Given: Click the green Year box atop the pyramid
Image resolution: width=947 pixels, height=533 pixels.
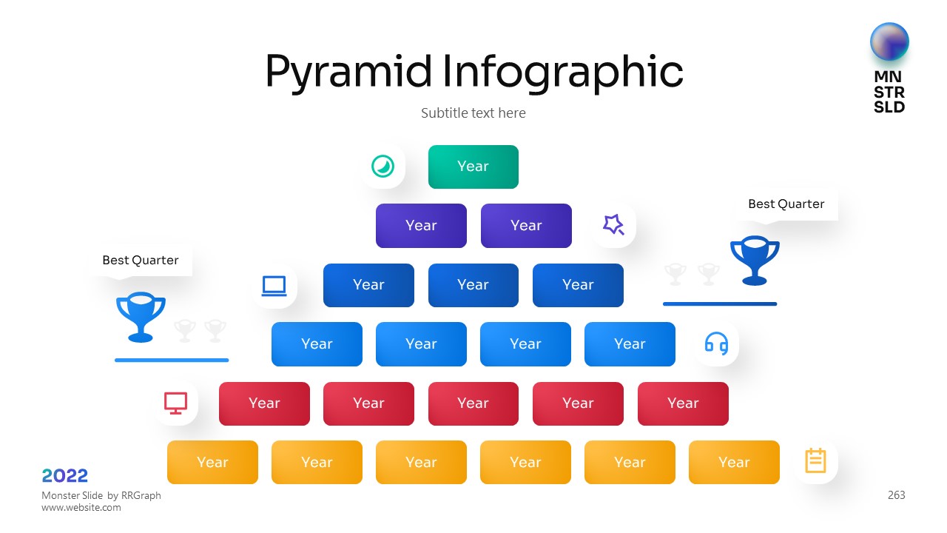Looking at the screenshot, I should coord(473,167).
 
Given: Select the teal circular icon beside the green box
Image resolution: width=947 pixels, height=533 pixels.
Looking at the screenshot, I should coord(382,166).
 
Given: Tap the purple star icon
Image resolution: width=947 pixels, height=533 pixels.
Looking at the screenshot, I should coord(613,224).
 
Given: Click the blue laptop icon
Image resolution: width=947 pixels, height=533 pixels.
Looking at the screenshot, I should coord(274,286).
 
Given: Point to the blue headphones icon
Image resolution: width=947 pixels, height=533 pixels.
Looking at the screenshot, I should coord(716,343).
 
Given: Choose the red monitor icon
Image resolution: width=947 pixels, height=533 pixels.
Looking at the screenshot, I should coord(176,403).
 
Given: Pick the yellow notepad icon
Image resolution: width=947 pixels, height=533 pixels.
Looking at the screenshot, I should coord(815,460).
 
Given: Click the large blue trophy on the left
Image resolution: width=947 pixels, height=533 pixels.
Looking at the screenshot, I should coord(141,317).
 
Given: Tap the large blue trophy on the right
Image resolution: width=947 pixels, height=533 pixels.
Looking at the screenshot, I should coord(755,260).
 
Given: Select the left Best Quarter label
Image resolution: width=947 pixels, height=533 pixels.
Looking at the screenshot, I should coord(141,260).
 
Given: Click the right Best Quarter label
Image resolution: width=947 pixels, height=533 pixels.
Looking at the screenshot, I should coord(786,204).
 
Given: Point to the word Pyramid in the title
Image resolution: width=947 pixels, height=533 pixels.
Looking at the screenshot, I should coord(348,72).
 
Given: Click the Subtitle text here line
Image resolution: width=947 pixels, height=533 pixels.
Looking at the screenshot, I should coord(473,113).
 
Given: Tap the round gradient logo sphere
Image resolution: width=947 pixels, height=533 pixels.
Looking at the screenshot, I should coord(889,42).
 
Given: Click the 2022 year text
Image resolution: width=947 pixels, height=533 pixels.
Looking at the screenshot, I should coord(65,475).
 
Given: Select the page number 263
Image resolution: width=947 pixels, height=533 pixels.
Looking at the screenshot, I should coord(896,495).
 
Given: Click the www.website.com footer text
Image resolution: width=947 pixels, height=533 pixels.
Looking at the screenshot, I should coord(81,508).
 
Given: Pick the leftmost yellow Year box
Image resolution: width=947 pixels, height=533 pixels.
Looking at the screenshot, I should coord(212,462).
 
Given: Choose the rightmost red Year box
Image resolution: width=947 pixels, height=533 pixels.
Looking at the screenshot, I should coord(683,403).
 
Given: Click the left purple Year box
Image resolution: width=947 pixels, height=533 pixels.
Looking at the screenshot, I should coord(421,226).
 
